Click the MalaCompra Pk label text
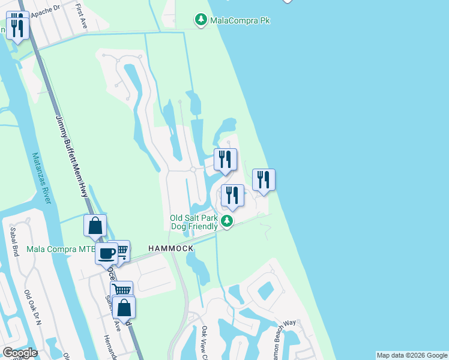240,20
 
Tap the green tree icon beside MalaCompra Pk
200,20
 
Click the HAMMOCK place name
171,248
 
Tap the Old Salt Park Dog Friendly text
193,222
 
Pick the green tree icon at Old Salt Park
227,221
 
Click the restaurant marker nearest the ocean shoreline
264,179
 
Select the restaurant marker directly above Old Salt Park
232,195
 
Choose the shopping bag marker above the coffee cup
95,226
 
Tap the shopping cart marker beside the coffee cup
121,250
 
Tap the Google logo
19,353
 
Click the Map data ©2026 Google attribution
412,355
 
